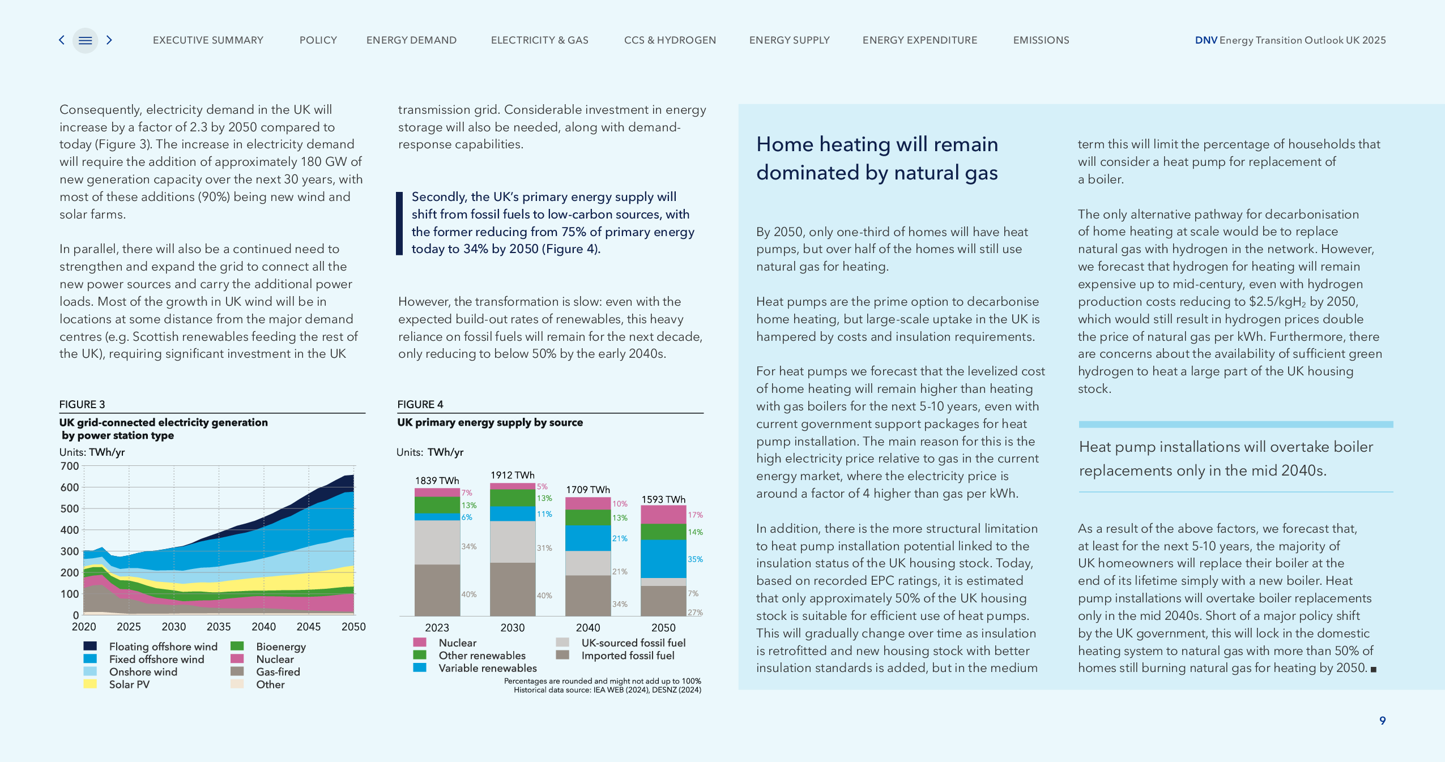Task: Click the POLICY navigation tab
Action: coord(318,40)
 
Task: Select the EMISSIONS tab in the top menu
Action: coord(1041,40)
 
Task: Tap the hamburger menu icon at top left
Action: coord(85,40)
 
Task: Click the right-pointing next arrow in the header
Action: coord(109,40)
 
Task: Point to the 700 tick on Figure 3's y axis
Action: coord(70,466)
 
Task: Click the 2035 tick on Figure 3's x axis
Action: coord(219,627)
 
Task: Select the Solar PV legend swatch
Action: coord(90,684)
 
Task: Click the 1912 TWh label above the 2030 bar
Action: coord(512,475)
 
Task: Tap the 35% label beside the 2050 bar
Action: coord(695,559)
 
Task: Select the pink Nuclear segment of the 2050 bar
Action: coord(663,515)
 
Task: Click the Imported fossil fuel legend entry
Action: coord(628,656)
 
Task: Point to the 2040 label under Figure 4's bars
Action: coord(588,627)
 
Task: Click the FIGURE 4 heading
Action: coord(420,404)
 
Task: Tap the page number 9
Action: coord(1382,721)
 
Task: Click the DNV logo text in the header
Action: coord(1206,40)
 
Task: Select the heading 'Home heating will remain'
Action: coord(877,144)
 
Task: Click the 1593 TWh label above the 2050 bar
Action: coord(663,499)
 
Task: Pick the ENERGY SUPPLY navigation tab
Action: coord(789,40)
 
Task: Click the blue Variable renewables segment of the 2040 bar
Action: coord(588,538)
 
